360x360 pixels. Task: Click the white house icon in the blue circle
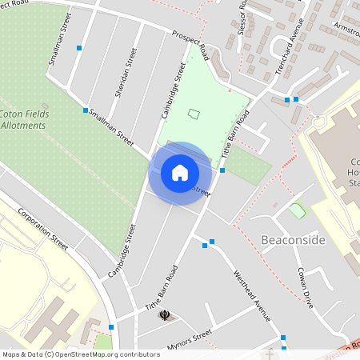tap(180, 172)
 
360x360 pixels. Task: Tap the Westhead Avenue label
tap(253, 290)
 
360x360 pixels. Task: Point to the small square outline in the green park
tap(194, 114)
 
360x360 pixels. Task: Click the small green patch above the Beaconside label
tap(297, 210)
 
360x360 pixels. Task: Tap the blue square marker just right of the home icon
tap(222, 170)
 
